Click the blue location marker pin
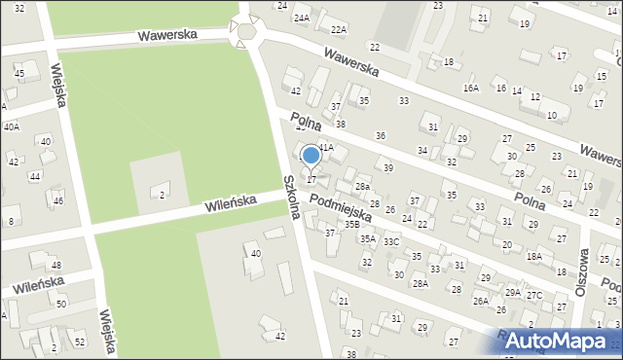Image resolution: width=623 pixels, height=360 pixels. [x=311, y=156]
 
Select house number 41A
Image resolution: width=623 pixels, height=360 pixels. [x=326, y=147]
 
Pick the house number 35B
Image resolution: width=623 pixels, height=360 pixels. [x=351, y=225]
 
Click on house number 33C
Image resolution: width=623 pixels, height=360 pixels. [x=391, y=241]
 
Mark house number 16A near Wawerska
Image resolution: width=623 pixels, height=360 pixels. [x=471, y=88]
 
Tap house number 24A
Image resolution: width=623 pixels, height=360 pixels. [x=302, y=18]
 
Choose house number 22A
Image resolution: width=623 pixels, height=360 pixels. [x=338, y=30]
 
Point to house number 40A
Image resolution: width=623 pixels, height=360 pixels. [x=11, y=126]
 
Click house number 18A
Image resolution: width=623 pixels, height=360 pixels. [x=534, y=256]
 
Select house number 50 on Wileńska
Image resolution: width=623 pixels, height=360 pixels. [x=61, y=305]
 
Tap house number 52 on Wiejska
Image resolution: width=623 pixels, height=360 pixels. [x=80, y=342]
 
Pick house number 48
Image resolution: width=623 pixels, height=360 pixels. [x=55, y=266]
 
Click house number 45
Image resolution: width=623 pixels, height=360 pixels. [x=19, y=74]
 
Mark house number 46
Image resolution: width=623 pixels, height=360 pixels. [x=58, y=200]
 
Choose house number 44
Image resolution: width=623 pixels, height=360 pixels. [x=35, y=176]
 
